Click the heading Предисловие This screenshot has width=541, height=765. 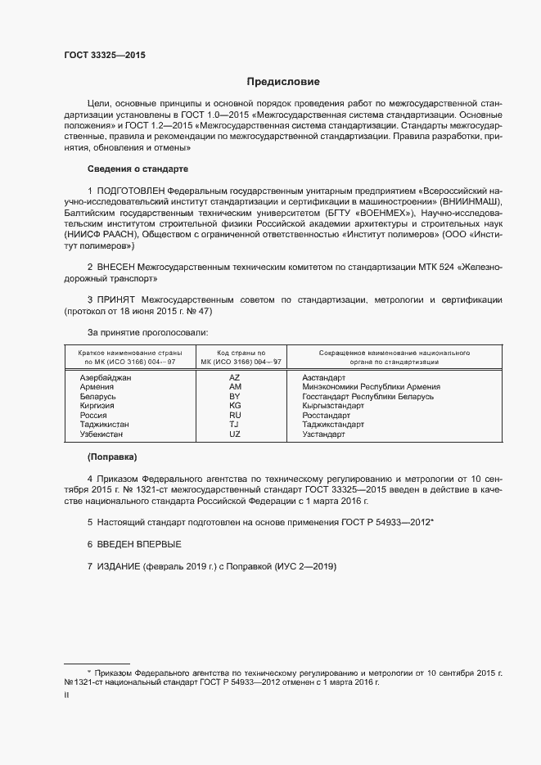click(x=284, y=82)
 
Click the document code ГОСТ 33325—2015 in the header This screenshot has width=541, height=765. click(x=105, y=56)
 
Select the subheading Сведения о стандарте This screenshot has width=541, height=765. click(x=138, y=169)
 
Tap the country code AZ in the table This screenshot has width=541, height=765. click(x=235, y=377)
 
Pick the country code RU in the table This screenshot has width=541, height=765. click(x=235, y=416)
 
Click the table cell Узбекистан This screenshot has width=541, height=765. click(x=104, y=434)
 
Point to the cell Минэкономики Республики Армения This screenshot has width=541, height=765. click(x=371, y=387)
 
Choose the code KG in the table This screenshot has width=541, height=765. click(x=235, y=406)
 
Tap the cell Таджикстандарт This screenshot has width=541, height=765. click(x=332, y=425)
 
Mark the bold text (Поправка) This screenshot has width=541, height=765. click(x=112, y=456)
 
